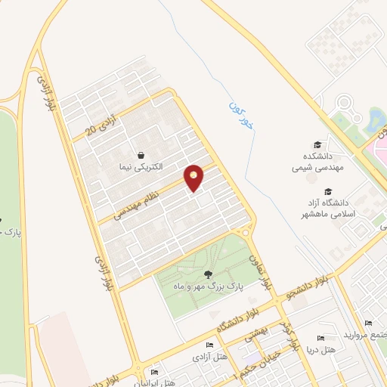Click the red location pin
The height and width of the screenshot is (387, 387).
(194, 178)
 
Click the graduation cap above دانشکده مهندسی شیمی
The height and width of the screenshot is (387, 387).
(317, 145)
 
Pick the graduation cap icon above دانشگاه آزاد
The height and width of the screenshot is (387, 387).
(328, 192)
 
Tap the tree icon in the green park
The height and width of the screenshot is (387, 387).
(208, 274)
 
